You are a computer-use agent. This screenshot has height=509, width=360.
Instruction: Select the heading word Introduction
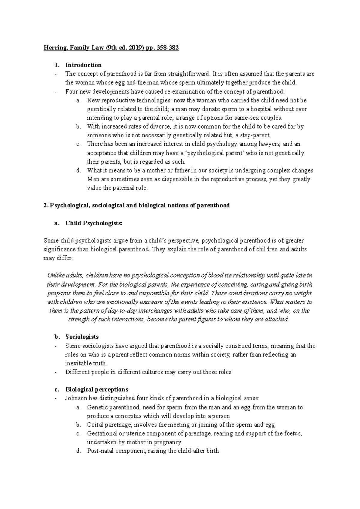coord(83,65)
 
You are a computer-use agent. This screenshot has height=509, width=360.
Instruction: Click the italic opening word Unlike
coord(55,275)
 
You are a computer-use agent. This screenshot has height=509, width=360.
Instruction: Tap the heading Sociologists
coord(82,337)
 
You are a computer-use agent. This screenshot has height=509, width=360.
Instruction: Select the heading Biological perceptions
coord(97,390)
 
